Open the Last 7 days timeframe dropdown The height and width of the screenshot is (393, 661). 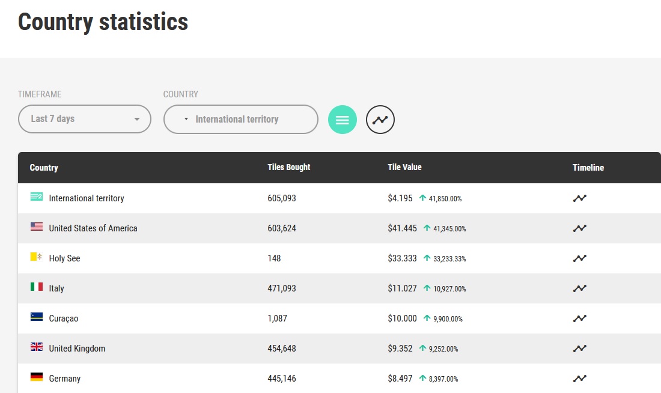pos(84,119)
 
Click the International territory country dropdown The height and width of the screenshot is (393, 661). pos(241,120)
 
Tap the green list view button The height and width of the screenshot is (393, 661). pos(343,120)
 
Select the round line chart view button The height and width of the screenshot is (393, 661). pos(380,120)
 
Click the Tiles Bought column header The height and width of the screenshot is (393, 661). pos(289,168)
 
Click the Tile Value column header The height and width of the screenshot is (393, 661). pos(404,168)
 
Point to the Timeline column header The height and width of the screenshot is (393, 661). pos(588,168)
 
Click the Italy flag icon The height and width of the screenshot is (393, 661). pos(37,287)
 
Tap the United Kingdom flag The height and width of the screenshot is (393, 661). pos(37,347)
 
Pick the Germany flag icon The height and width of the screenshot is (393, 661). pos(37,377)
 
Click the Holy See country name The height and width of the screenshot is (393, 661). pos(64,258)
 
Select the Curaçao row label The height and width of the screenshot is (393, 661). pos(64,318)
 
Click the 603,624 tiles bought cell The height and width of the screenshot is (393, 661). pos(282,228)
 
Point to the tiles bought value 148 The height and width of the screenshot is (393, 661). pos(274,258)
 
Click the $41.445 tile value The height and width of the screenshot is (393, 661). pos(402,228)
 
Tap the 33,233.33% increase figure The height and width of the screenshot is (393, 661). pos(449,258)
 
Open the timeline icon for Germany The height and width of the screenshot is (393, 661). pos(580,378)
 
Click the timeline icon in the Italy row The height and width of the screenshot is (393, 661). pos(580,288)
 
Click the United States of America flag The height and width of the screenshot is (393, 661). pos(37,227)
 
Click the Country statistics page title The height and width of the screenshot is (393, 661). pos(103,22)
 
